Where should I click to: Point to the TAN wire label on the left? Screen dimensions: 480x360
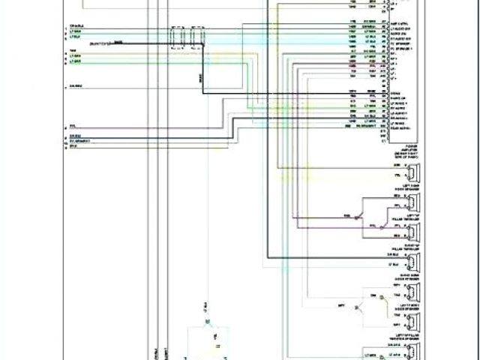click(73, 52)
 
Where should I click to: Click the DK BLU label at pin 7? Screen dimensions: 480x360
click(76, 87)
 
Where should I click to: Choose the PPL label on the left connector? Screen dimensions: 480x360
click(72, 125)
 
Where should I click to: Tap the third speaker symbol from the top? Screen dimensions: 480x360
click(414, 230)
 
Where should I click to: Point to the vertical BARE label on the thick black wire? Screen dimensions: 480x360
click(200, 77)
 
